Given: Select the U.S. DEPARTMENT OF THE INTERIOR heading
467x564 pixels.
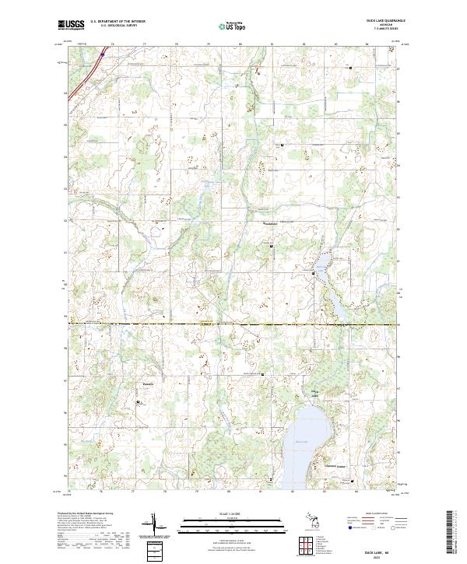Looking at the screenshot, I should tap(118, 22).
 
